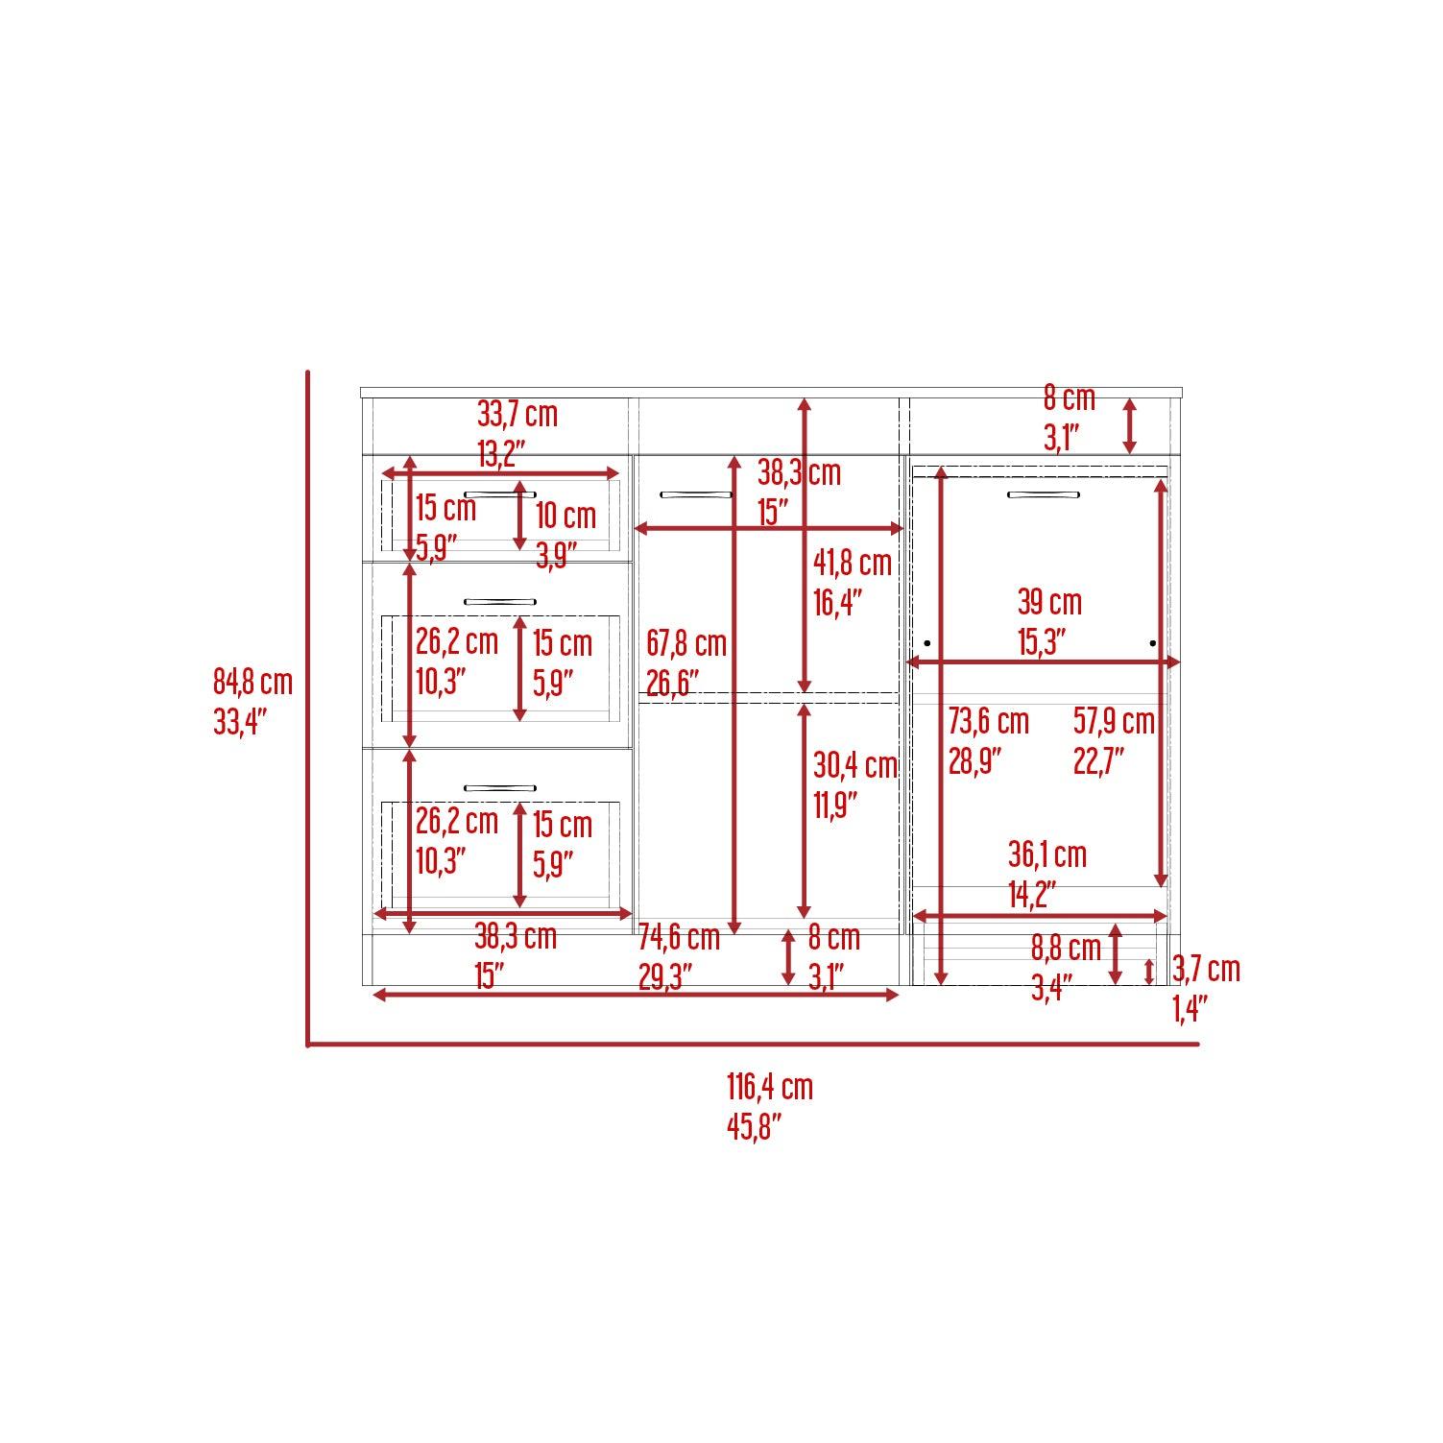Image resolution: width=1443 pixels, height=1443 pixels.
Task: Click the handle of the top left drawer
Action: pyautogui.click(x=500, y=493)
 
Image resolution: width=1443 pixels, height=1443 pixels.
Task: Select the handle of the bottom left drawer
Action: pyautogui.click(x=500, y=787)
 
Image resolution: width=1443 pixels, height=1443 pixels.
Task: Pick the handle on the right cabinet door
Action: pyautogui.click(x=1044, y=495)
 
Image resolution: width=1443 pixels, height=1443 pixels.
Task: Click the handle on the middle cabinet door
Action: pyautogui.click(x=696, y=494)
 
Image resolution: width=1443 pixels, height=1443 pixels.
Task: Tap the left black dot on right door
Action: pyautogui.click(x=927, y=642)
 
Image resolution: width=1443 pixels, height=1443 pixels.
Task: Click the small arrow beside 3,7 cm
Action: pyautogui.click(x=1150, y=972)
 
